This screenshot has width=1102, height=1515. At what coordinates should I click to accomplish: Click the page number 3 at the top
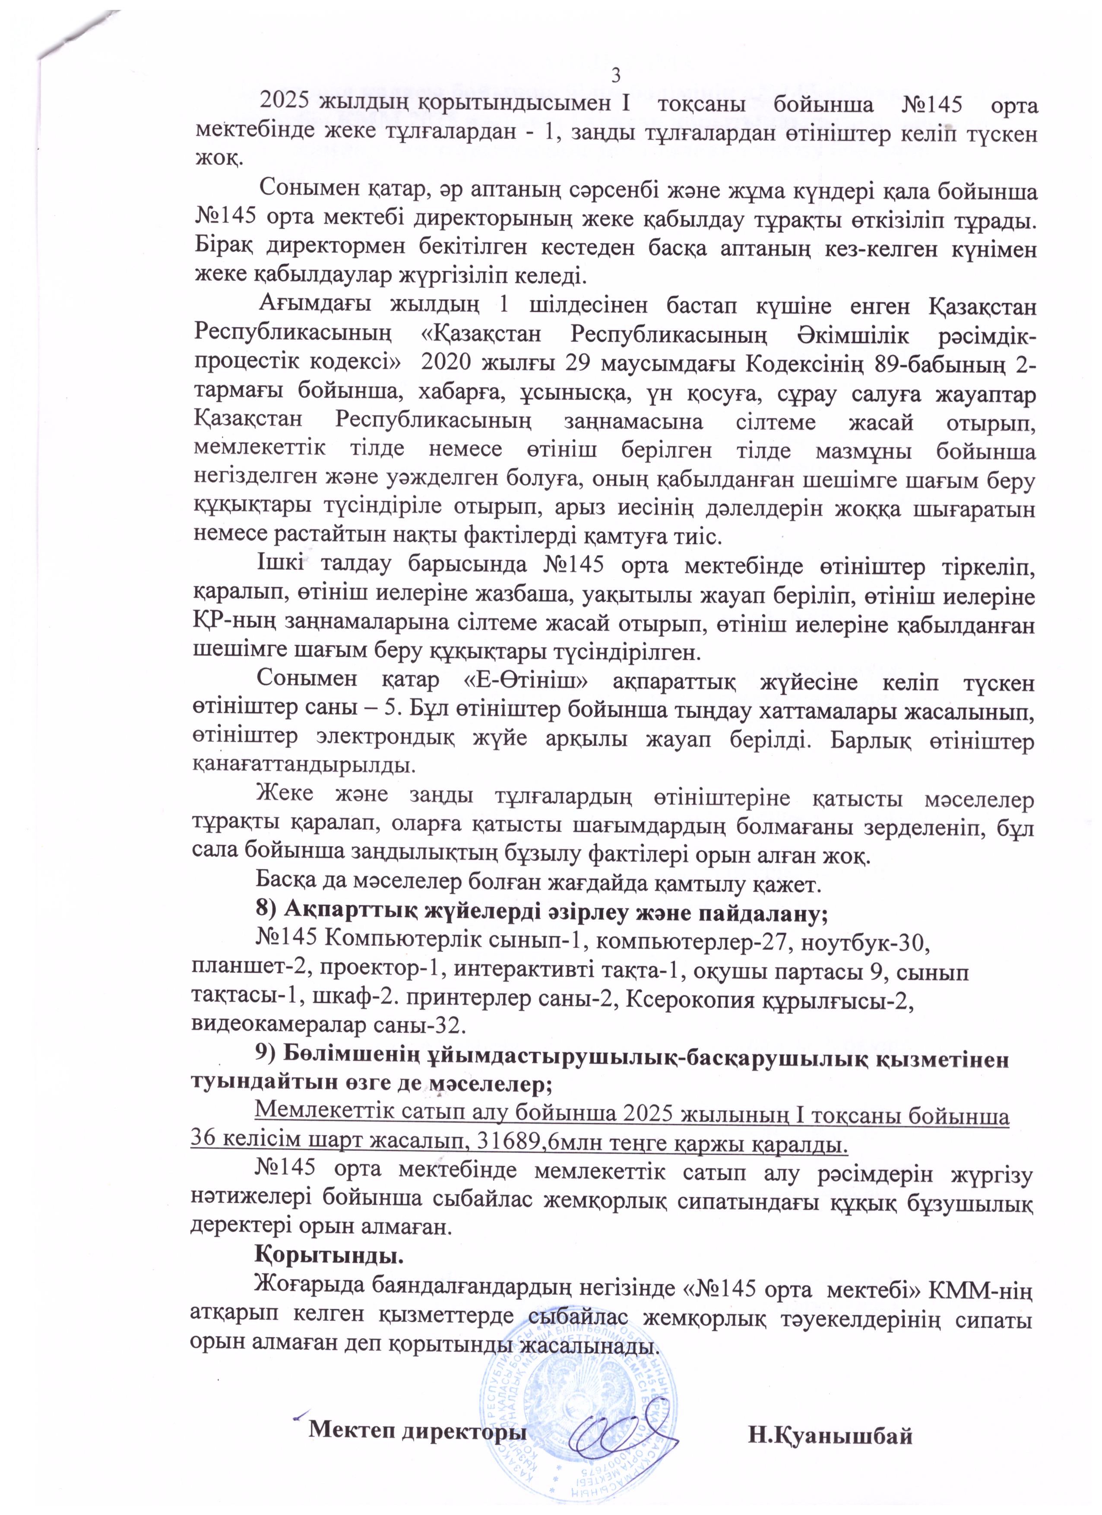(x=617, y=73)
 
